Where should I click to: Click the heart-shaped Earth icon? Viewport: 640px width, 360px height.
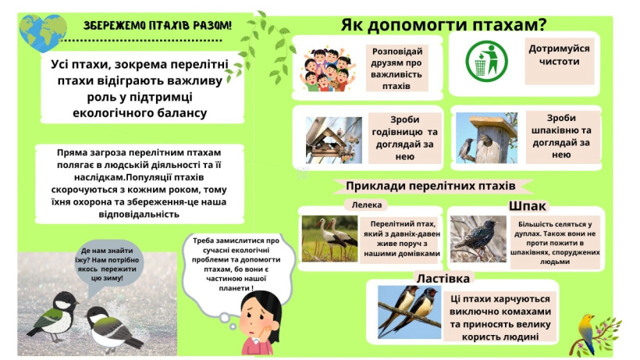(x=42, y=33)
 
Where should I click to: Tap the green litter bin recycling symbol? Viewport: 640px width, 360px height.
(x=486, y=61)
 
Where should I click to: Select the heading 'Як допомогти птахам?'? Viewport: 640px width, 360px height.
(x=443, y=25)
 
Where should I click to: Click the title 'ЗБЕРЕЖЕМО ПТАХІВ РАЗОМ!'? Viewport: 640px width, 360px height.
(x=158, y=26)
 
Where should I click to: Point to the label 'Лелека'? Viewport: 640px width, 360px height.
(x=367, y=205)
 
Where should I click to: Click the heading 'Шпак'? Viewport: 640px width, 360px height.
(x=527, y=206)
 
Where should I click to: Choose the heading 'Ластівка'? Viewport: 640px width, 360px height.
(x=443, y=278)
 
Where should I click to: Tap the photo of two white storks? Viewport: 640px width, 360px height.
(x=329, y=239)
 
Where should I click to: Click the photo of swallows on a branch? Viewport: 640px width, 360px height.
(x=410, y=312)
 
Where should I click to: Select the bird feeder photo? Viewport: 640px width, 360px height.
(x=334, y=141)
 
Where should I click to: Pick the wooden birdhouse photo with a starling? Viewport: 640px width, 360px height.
(x=486, y=138)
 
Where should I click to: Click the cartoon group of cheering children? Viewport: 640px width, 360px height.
(x=328, y=70)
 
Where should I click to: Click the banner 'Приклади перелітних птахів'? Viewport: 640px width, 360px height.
(x=431, y=186)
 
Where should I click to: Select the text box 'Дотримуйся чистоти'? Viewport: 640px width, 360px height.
(x=559, y=55)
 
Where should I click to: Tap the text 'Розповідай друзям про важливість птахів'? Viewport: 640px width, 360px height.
(x=396, y=69)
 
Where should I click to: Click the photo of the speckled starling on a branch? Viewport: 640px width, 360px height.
(x=478, y=239)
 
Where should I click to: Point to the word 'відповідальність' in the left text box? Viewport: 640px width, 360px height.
(x=139, y=214)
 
